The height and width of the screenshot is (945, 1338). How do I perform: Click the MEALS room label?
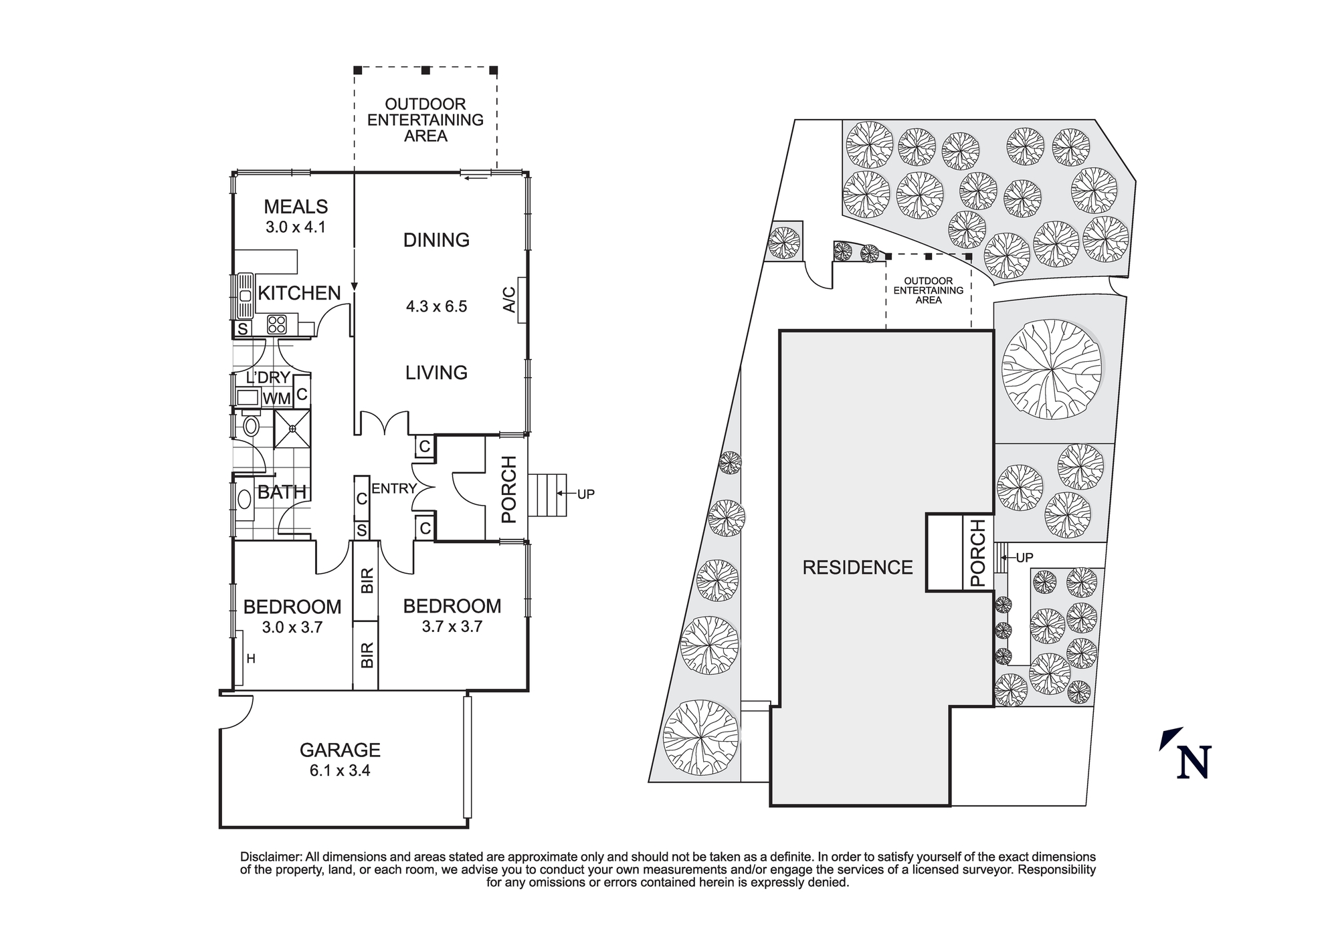tap(296, 207)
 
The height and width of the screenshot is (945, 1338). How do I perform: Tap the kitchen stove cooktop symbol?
tap(276, 324)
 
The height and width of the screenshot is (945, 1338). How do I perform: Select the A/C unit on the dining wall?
tap(520, 300)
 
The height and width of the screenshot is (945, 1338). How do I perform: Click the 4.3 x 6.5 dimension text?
tap(436, 307)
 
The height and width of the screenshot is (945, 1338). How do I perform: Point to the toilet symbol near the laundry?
tap(251, 425)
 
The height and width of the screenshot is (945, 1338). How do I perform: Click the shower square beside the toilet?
tap(292, 429)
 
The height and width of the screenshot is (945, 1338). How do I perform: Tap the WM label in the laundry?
tap(276, 399)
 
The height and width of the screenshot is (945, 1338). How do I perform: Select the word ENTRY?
tap(394, 489)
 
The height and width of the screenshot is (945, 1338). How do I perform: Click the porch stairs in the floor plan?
tap(547, 495)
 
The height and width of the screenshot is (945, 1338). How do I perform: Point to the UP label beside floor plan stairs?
tap(585, 495)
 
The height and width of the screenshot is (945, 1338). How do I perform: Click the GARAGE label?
tap(340, 750)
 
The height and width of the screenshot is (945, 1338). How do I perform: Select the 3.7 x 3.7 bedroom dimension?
tap(452, 627)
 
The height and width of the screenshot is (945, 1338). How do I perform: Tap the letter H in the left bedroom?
tap(251, 659)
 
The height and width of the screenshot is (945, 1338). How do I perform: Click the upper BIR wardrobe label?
tap(367, 581)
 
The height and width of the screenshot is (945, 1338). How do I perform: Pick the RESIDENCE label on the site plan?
tap(857, 568)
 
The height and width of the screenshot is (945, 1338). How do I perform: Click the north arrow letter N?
tap(1194, 762)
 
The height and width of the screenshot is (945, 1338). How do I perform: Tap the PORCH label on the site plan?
tap(977, 553)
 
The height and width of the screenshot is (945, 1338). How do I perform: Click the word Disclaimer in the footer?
tap(270, 857)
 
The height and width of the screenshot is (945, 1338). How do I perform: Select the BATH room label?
tap(282, 492)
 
